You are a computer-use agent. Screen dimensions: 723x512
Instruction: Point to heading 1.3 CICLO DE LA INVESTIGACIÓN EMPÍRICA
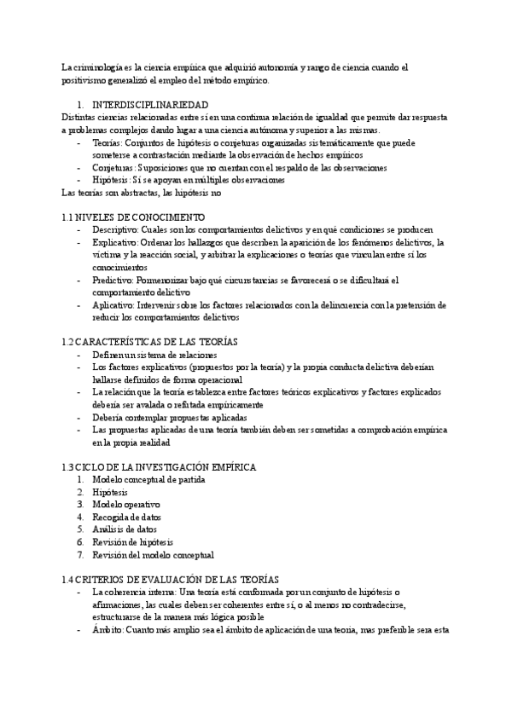click(x=159, y=466)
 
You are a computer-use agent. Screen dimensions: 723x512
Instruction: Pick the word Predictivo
click(x=112, y=280)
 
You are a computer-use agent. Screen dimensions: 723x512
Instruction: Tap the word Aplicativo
click(x=112, y=304)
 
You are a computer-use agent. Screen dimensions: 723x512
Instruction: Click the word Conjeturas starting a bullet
click(x=114, y=168)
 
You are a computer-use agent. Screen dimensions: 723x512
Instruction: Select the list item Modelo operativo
click(x=125, y=504)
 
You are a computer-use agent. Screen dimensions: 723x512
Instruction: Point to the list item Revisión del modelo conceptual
click(x=153, y=554)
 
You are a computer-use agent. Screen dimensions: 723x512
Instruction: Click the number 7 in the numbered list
click(x=79, y=554)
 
